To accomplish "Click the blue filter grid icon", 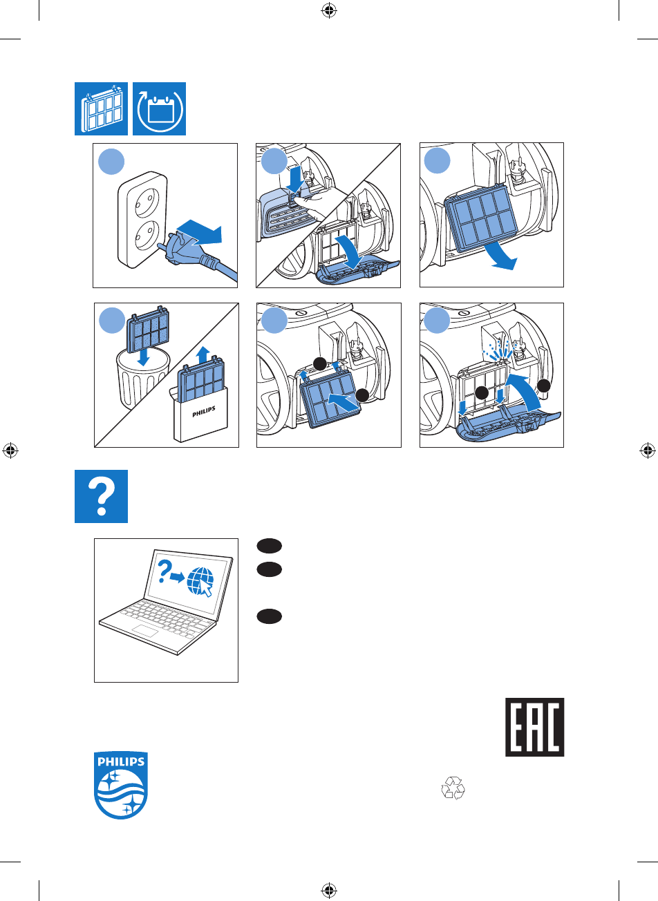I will pyautogui.click(x=101, y=109).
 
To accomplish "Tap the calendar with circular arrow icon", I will pyautogui.click(x=160, y=109).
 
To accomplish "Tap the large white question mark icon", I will pyautogui.click(x=101, y=496).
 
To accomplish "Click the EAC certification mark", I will pyautogui.click(x=534, y=726).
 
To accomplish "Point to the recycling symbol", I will pyautogui.click(x=454, y=788).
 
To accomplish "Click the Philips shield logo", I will pyautogui.click(x=121, y=786).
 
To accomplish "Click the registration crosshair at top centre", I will pyautogui.click(x=329, y=10).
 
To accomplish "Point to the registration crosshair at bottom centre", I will pyautogui.click(x=329, y=890).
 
